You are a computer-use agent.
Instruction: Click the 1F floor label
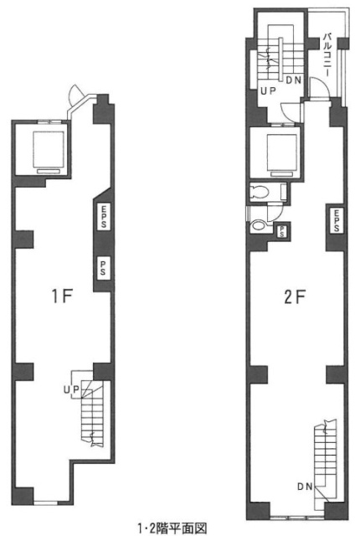click(62, 296)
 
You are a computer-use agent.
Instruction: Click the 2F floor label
click(294, 296)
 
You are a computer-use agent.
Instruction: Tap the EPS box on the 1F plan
click(103, 216)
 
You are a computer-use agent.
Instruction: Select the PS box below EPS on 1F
click(103, 268)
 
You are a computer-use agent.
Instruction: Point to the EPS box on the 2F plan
click(337, 220)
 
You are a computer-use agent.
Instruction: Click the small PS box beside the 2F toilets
click(282, 231)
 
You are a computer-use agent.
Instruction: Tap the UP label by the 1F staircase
click(71, 389)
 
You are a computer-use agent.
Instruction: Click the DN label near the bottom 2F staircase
click(305, 487)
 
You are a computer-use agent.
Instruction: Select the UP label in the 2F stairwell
click(268, 91)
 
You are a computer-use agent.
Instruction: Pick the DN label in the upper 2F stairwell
click(293, 80)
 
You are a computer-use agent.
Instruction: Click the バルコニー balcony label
click(327, 54)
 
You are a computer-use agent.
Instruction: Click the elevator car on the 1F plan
click(49, 150)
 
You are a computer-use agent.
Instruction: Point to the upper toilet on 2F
click(260, 193)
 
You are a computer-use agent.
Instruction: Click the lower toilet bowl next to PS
click(259, 226)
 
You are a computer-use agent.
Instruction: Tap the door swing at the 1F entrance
click(76, 94)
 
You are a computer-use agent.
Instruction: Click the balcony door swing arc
click(319, 88)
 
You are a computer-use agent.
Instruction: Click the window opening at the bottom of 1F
click(46, 502)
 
